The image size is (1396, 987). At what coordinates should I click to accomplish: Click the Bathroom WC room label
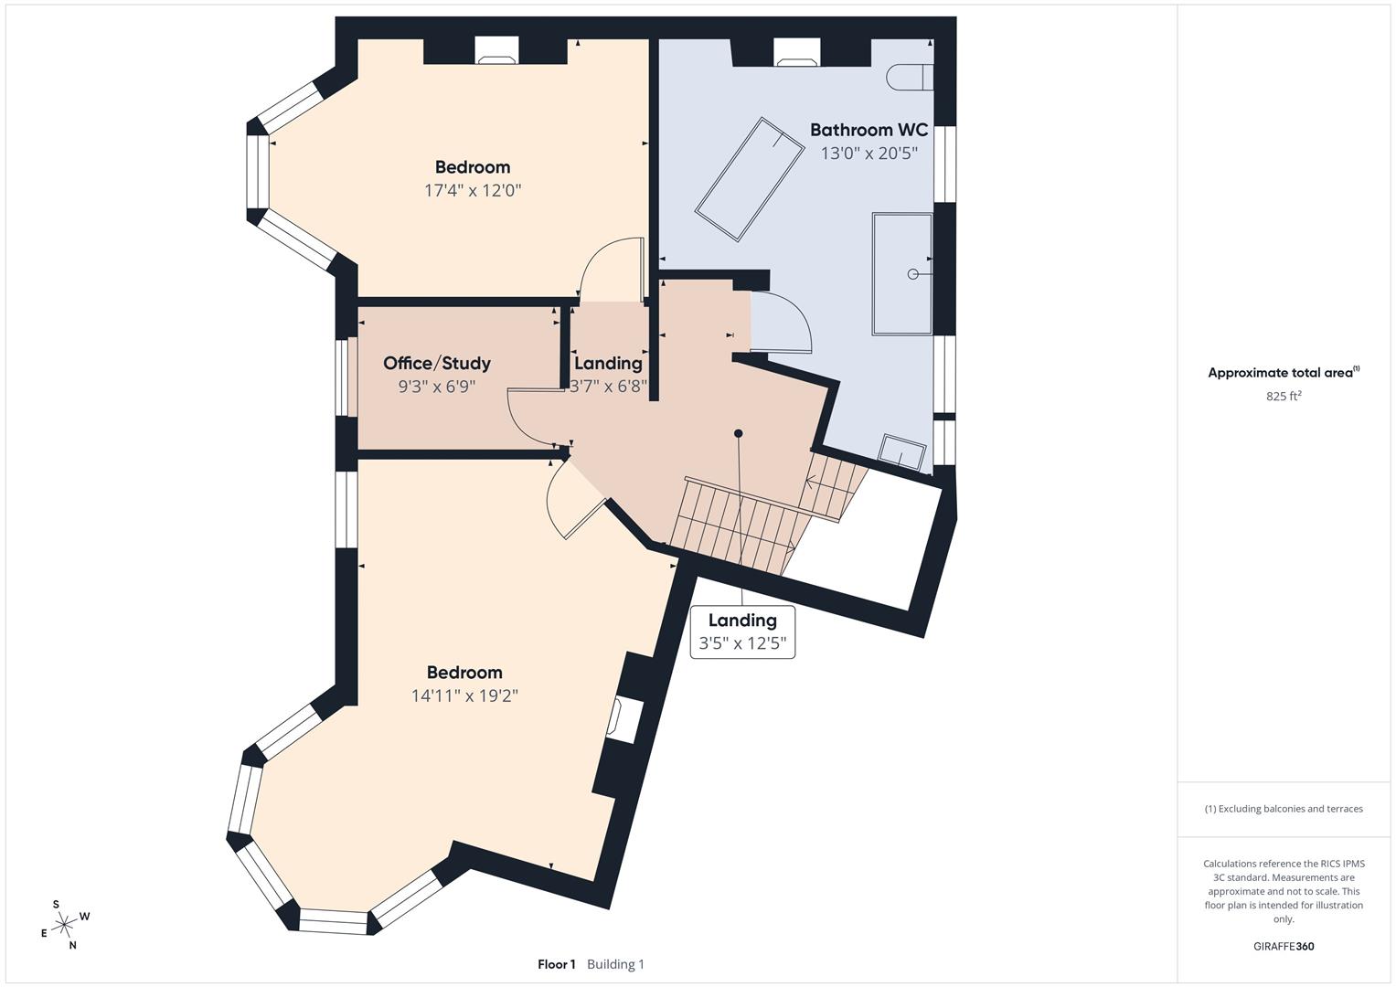coord(869,131)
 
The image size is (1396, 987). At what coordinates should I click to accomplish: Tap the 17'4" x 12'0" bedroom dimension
coord(473,191)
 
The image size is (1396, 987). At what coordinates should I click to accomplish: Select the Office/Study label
coord(437,364)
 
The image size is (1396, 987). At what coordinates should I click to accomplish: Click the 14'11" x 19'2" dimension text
coord(464,695)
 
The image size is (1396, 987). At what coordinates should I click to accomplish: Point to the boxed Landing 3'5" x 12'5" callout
coord(742,631)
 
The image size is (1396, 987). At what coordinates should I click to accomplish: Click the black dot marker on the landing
coord(739,433)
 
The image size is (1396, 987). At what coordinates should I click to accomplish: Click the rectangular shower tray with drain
coord(902,273)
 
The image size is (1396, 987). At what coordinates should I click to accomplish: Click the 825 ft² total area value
coord(1284,397)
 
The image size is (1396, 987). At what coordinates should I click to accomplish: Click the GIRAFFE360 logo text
coord(1284,947)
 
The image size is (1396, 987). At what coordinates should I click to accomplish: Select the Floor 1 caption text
coord(557,964)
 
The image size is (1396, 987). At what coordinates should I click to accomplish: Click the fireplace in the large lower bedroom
coord(625,719)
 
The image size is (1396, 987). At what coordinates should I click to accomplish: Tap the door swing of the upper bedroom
coord(611,270)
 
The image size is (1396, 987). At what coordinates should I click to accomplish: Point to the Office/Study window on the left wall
coord(344,377)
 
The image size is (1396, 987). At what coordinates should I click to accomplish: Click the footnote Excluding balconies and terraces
coord(1284,809)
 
